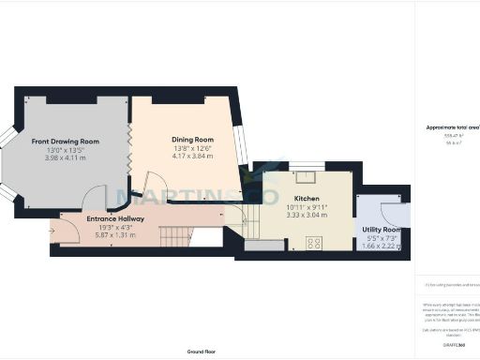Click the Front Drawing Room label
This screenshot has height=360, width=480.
(x=65, y=142)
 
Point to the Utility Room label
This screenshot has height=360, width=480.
(x=382, y=230)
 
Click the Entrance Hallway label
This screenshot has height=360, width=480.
(x=113, y=218)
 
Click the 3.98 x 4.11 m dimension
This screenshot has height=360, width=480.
(x=65, y=158)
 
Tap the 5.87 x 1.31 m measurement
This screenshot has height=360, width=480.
(x=113, y=234)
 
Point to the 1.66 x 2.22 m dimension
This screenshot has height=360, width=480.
(x=382, y=246)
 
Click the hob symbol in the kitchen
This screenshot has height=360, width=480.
(x=314, y=244)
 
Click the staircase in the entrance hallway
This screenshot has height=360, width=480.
(x=175, y=236)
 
